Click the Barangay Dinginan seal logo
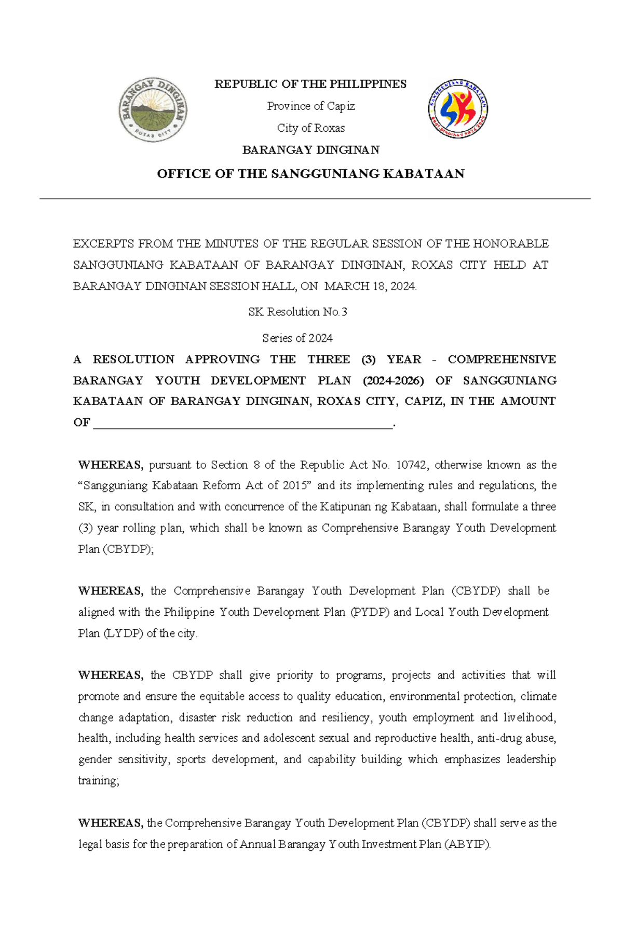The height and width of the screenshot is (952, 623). click(x=153, y=110)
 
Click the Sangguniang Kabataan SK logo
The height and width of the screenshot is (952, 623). click(x=458, y=109)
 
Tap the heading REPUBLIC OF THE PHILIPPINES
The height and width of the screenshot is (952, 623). click(x=310, y=84)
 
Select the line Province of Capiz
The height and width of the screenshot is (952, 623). click(x=310, y=106)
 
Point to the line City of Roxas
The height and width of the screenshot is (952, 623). click(x=310, y=128)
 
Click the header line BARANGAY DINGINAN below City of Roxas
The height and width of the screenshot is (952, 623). click(x=310, y=150)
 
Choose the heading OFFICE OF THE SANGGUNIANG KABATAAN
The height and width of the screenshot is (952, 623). click(x=310, y=174)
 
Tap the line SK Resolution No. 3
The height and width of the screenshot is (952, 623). click(x=297, y=312)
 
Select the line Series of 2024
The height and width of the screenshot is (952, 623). click(x=297, y=338)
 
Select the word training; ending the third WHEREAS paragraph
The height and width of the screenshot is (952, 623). click(x=99, y=781)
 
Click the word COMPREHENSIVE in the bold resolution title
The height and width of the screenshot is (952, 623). click(x=502, y=360)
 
